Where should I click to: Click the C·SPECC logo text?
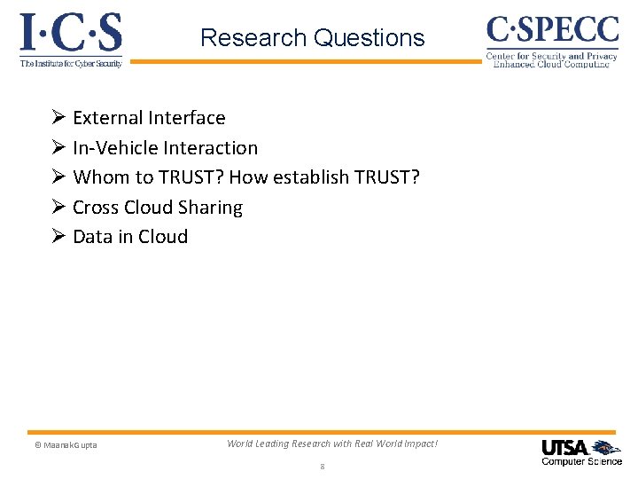coord(552,29)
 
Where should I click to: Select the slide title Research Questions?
coord(312,38)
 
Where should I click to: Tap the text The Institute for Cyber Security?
coord(71,64)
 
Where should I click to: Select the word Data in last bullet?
coord(92,237)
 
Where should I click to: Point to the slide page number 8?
coord(322,466)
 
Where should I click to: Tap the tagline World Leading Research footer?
coord(332,444)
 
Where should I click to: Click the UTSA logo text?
coord(565,447)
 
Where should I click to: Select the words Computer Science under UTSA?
coord(581,461)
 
